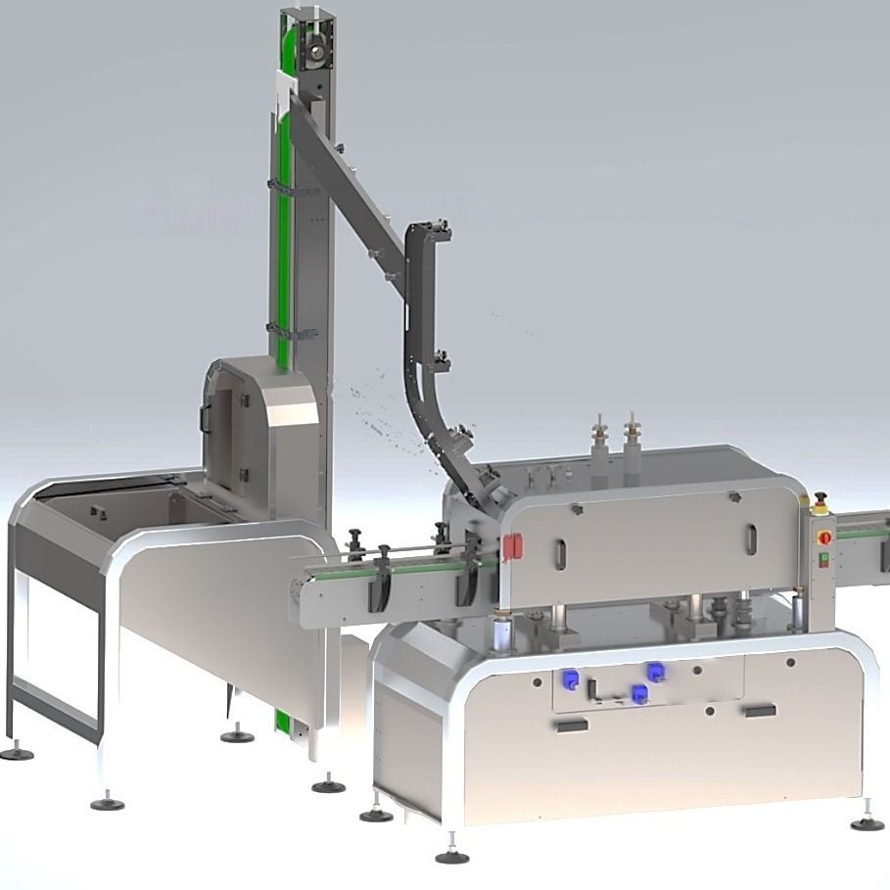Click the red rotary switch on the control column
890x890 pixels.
click(x=823, y=536)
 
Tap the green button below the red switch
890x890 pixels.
click(x=822, y=559)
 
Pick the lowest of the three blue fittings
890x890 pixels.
click(x=639, y=693)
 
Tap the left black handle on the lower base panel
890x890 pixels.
click(x=572, y=726)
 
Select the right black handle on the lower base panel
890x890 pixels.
click(x=759, y=710)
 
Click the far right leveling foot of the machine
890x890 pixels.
click(x=867, y=822)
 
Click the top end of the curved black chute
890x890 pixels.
click(x=428, y=234)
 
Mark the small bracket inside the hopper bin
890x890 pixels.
click(x=98, y=511)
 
